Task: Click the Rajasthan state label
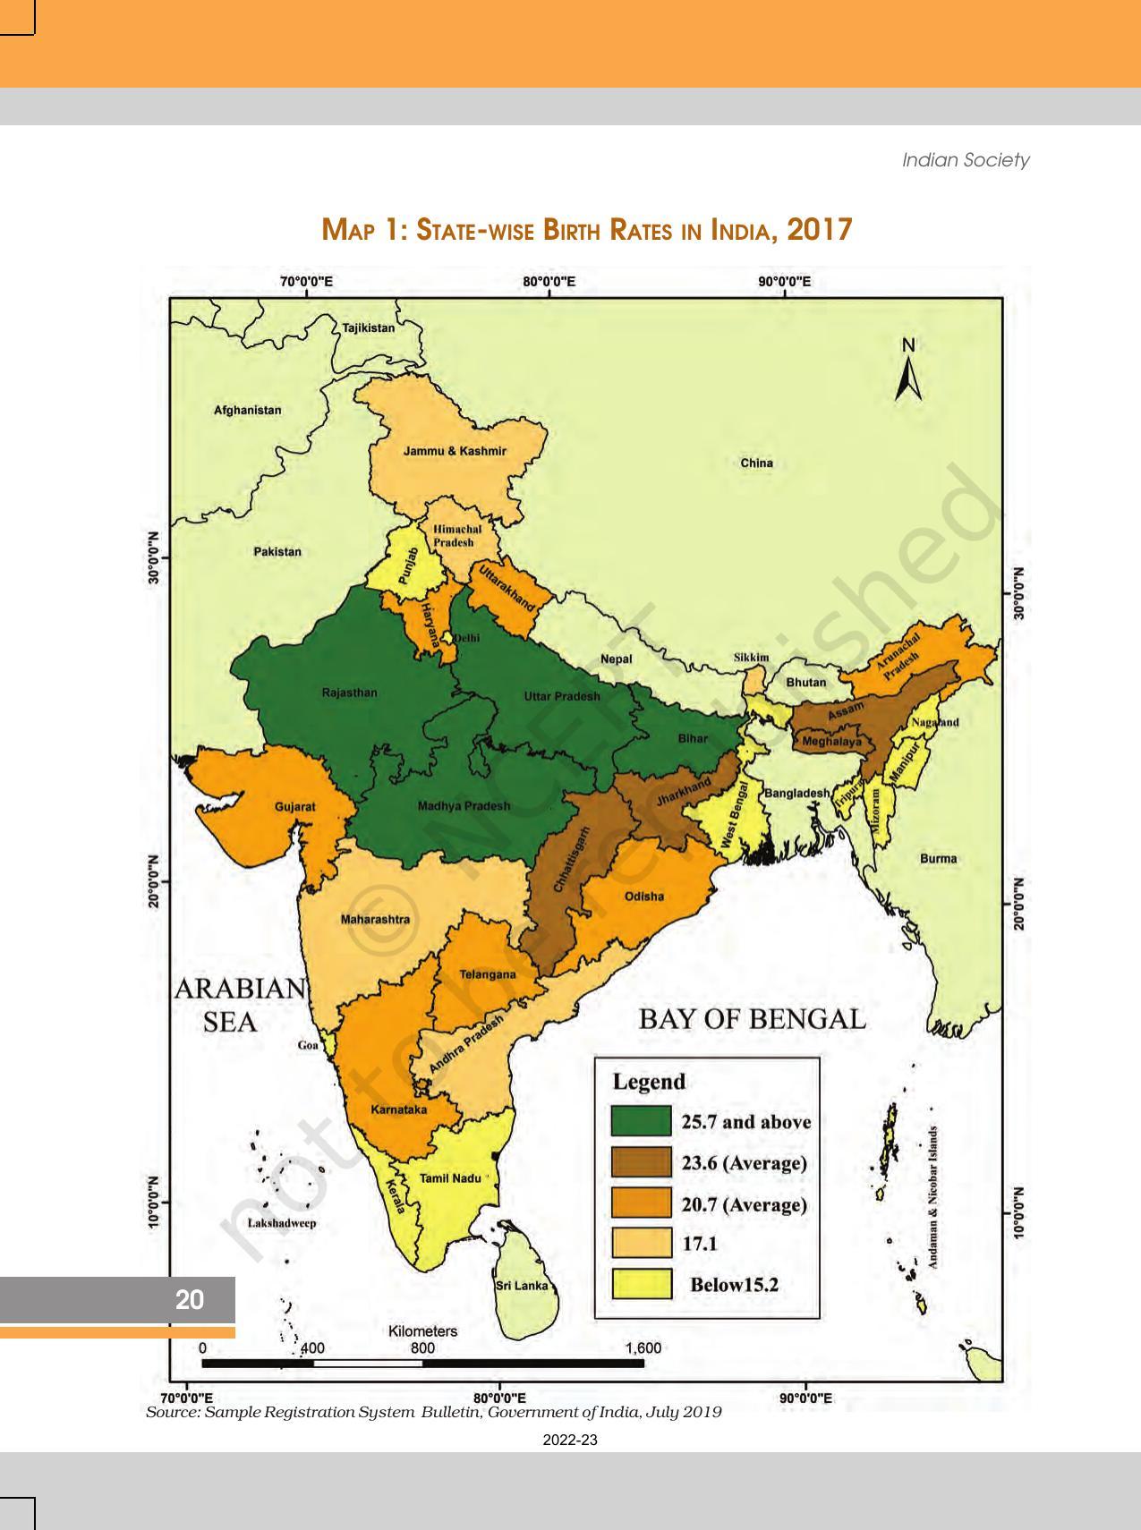pos(349,693)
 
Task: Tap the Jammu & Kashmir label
pos(455,451)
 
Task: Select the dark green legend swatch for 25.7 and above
pos(641,1121)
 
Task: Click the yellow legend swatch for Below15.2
pos(641,1285)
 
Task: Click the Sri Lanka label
pos(521,1286)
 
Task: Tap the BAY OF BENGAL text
pos(752,1019)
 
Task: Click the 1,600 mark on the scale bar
pos(643,1348)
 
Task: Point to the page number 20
pos(190,1300)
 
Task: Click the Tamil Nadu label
pos(450,1178)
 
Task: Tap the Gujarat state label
pos(294,806)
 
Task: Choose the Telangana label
pos(487,974)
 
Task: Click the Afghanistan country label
pos(247,410)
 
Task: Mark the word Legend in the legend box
pos(648,1081)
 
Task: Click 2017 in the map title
pos(819,230)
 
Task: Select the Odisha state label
pos(643,896)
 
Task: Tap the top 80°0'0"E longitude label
pos(549,282)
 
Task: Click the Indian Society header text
pos(965,160)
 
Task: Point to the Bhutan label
pos(805,682)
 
